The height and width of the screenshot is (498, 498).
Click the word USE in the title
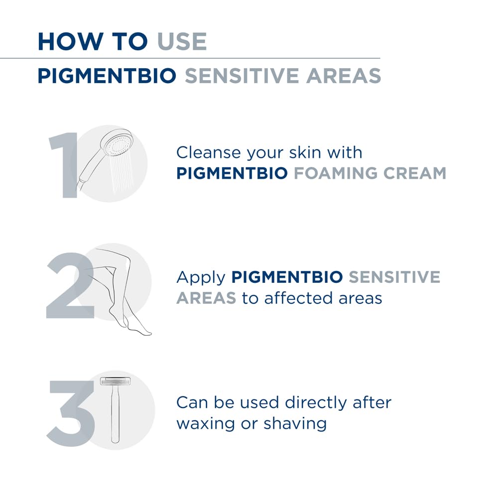pyautogui.click(x=182, y=42)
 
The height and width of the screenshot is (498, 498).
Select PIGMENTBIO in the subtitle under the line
pyautogui.click(x=107, y=76)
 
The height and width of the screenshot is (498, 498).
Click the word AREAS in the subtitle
pyautogui.click(x=344, y=76)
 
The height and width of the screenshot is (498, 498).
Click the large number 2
pyautogui.click(x=70, y=285)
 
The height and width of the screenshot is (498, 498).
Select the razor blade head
pyautogui.click(x=116, y=381)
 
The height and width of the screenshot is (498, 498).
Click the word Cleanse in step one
pyautogui.click(x=208, y=152)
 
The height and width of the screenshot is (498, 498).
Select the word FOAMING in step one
pyautogui.click(x=336, y=173)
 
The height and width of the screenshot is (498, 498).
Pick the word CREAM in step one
pyautogui.click(x=415, y=173)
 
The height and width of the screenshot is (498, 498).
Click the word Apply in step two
pyautogui.click(x=201, y=278)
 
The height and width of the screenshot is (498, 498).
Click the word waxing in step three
pyautogui.click(x=206, y=424)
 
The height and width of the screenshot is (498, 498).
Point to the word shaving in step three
pyautogui.click(x=295, y=424)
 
